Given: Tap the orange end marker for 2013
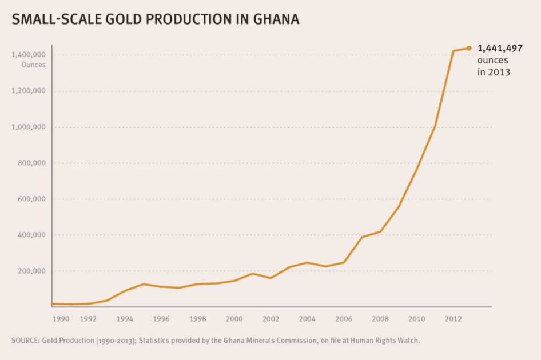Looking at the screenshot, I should pos(469,48).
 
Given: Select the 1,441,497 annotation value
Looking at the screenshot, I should pos(499,49).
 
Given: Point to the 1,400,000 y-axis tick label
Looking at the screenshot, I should pos(28,55).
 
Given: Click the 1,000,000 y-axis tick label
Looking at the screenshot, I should pos(28,127).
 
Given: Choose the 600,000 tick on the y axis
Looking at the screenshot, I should pos(31,199).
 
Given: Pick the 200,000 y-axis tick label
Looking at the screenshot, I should pos(31,271).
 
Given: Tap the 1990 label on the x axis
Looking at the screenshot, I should pos(61,318).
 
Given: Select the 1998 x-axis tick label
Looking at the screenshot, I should pos(197,318).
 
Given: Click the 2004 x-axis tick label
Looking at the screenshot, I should pos(307,318).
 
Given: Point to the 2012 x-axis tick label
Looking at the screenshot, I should pos(453,318).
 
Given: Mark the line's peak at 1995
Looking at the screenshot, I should pos(143,284).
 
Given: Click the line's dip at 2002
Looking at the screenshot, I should pos(270,278).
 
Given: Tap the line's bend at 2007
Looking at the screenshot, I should pos(362,237).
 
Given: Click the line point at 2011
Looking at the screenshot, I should pos(435,125).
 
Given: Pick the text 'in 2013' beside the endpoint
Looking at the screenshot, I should pos(494,73).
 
